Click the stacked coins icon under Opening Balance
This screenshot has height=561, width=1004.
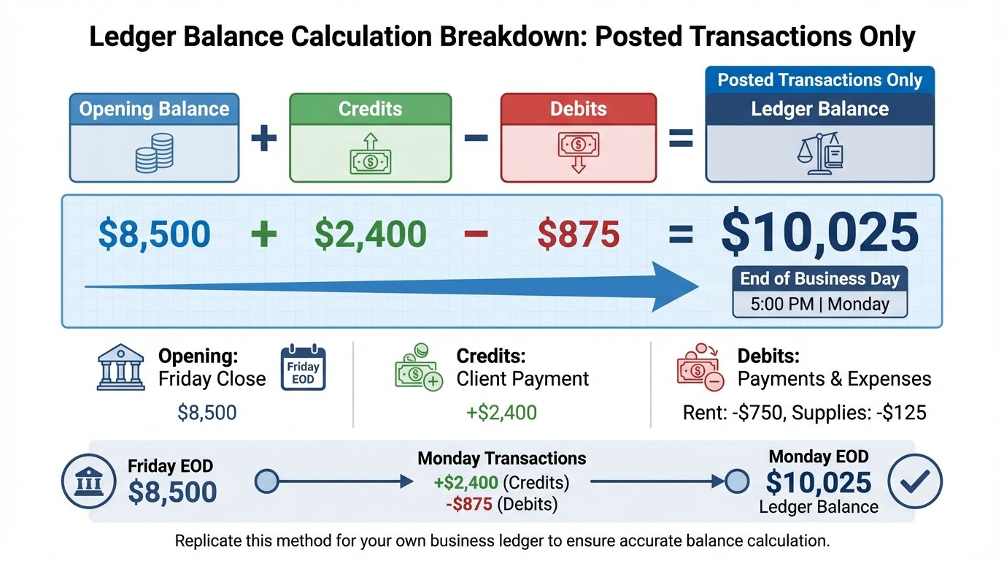pyautogui.click(x=155, y=153)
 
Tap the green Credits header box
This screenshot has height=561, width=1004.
pyautogui.click(x=370, y=110)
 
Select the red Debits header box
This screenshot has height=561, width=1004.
pyautogui.click(x=578, y=110)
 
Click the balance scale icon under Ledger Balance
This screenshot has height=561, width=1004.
pyautogui.click(x=819, y=153)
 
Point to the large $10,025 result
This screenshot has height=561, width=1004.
pyautogui.click(x=819, y=233)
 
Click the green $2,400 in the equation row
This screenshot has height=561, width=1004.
pyautogui.click(x=370, y=234)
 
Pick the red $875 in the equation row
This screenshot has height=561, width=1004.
pyautogui.click(x=578, y=234)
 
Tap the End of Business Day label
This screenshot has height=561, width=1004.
pyautogui.click(x=819, y=278)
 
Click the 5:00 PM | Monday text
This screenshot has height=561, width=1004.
pyautogui.click(x=819, y=304)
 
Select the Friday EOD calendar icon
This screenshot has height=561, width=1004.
pyautogui.click(x=303, y=367)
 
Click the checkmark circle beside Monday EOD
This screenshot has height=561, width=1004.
pyautogui.click(x=915, y=481)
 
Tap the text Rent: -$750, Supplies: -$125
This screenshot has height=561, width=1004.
pyautogui.click(x=804, y=413)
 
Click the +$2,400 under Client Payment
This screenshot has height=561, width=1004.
pyautogui.click(x=501, y=413)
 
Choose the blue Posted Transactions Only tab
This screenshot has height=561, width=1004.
pyautogui.click(x=819, y=80)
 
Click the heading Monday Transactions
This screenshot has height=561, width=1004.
pyautogui.click(x=501, y=459)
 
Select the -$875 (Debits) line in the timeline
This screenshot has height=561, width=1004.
pyautogui.click(x=501, y=503)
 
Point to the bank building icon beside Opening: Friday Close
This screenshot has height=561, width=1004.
pyautogui.click(x=120, y=367)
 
